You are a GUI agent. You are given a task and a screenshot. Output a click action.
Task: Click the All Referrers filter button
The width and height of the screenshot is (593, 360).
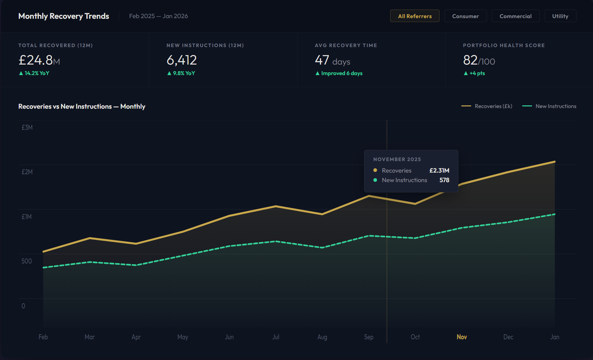415,16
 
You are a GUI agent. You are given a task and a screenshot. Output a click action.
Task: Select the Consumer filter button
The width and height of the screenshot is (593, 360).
465,16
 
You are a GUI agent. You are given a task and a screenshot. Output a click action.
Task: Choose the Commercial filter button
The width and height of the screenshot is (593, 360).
515,16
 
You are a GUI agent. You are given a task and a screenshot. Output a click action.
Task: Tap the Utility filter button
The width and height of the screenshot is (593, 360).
560,16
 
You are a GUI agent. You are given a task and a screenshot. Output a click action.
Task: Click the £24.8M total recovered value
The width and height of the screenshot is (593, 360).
39,60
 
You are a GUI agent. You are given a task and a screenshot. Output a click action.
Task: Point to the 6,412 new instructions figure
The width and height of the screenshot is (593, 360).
182,60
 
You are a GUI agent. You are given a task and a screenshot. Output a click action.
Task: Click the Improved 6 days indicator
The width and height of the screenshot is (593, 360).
341,73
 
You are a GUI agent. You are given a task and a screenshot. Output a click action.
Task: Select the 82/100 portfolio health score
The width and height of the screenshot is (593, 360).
479,61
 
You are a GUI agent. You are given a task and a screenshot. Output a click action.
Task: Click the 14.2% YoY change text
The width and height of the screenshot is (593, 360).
37,73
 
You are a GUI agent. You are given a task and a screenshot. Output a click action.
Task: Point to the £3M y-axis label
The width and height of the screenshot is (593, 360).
27,127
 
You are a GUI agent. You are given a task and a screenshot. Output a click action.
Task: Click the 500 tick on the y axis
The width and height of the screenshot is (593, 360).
27,261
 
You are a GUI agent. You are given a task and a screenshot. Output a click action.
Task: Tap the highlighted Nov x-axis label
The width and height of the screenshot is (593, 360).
462,337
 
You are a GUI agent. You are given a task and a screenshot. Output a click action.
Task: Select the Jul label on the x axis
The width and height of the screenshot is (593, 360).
276,337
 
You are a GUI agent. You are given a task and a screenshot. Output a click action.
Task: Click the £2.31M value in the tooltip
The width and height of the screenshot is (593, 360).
439,171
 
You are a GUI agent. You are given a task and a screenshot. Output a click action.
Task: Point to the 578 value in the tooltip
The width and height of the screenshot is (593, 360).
444,180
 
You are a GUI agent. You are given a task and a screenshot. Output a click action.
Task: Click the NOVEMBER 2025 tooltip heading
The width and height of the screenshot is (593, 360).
397,159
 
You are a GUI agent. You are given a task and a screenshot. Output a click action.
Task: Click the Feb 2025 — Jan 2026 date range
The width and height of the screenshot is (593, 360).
158,16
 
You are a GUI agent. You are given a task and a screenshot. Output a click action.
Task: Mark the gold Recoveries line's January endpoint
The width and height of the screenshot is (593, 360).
555,162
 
